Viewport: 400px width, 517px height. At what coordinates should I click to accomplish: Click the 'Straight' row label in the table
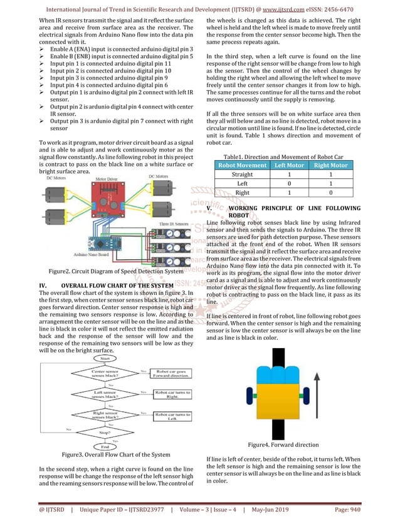tap(241, 175)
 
